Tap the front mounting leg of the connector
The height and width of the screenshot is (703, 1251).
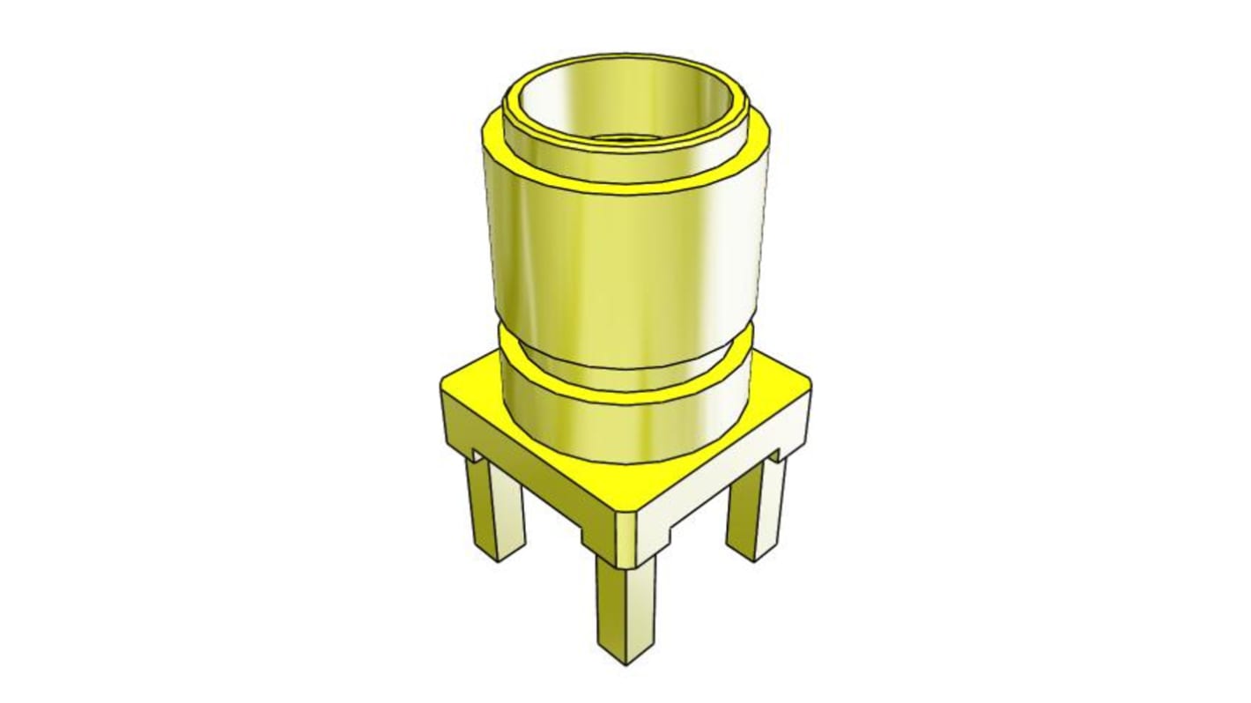625,608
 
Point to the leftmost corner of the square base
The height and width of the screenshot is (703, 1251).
442,388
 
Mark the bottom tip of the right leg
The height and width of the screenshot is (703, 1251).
753,557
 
